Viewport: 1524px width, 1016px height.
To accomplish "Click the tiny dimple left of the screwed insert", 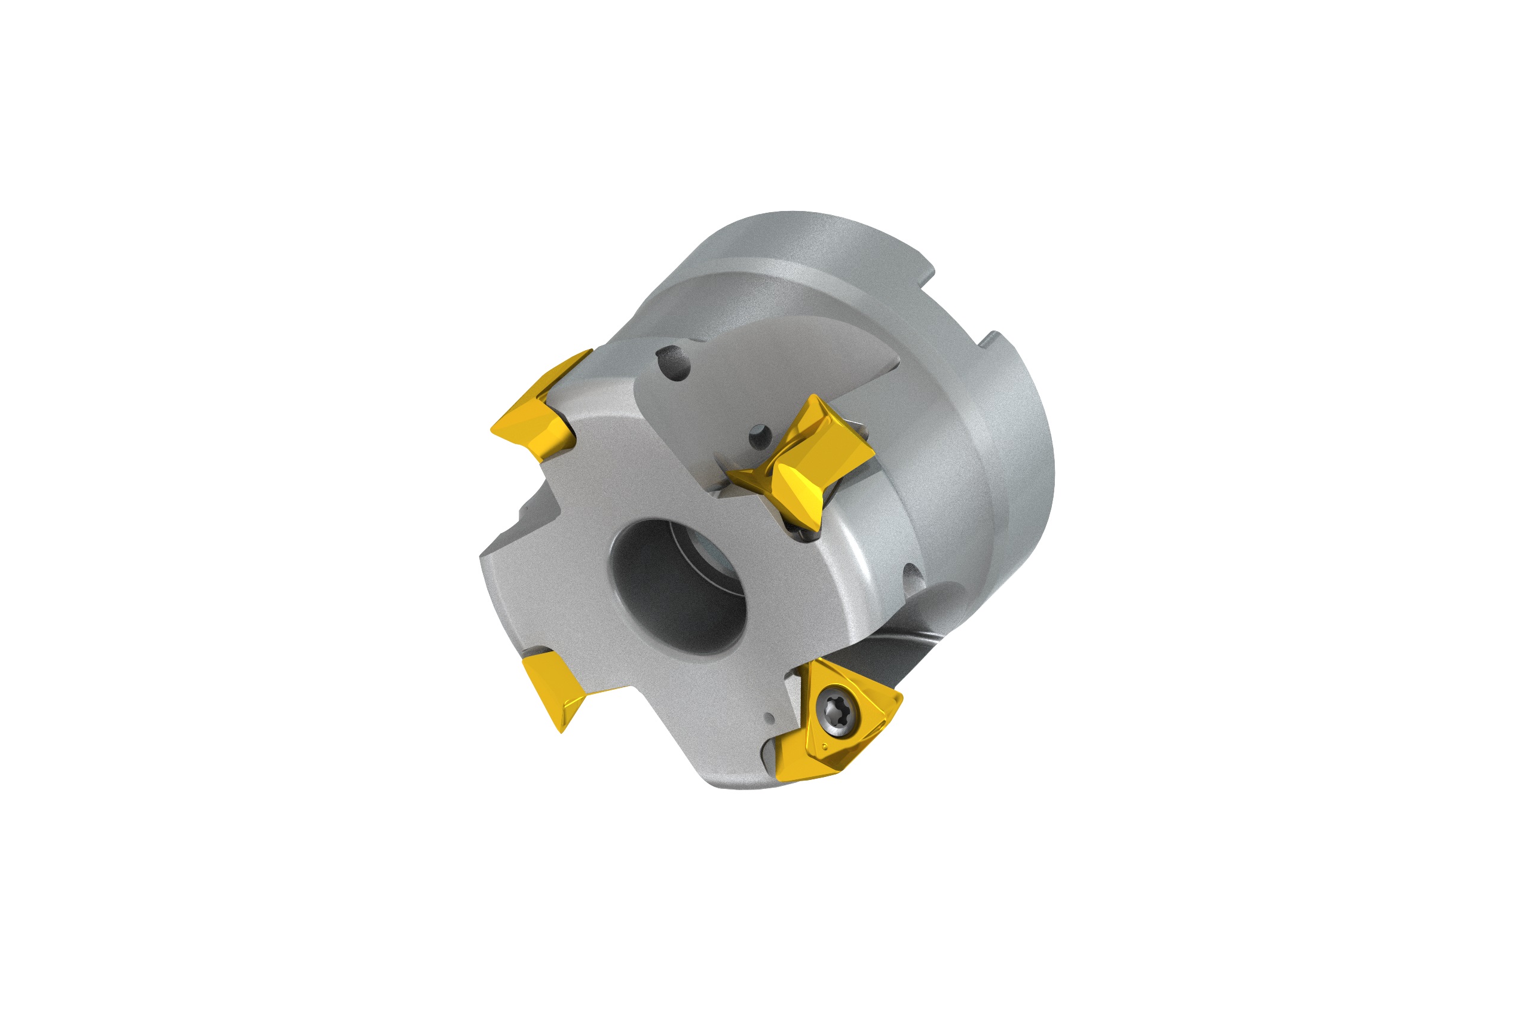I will point(769,718).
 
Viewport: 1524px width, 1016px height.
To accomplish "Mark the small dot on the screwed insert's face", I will point(825,747).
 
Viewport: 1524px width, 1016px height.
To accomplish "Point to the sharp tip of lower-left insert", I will point(562,732).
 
